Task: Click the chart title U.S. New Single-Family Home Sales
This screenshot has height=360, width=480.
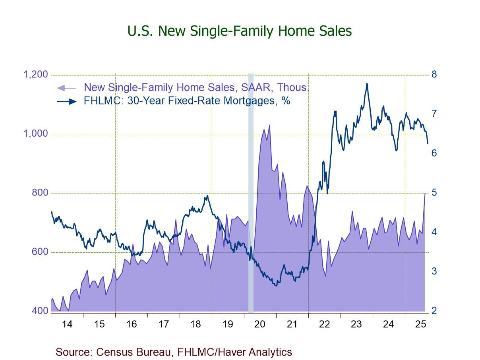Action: click(x=240, y=31)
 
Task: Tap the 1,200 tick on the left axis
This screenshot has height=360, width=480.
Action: click(x=36, y=75)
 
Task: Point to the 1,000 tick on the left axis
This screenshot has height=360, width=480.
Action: click(x=36, y=134)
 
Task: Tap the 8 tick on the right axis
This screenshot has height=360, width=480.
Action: click(x=434, y=74)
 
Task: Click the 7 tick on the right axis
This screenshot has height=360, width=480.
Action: click(x=434, y=114)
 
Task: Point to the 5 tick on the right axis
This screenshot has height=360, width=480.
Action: click(x=434, y=193)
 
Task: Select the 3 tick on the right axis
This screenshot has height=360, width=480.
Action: click(x=434, y=271)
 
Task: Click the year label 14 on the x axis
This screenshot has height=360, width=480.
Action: click(x=67, y=324)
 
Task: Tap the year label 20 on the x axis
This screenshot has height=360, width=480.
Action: click(x=260, y=324)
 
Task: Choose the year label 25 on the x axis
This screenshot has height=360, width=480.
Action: click(x=420, y=324)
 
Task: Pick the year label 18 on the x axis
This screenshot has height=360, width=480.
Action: click(x=195, y=324)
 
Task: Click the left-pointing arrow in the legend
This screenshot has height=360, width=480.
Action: click(x=67, y=88)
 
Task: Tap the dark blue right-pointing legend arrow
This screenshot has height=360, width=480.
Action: click(x=67, y=101)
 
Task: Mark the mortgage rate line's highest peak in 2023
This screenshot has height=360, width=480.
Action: click(x=367, y=83)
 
